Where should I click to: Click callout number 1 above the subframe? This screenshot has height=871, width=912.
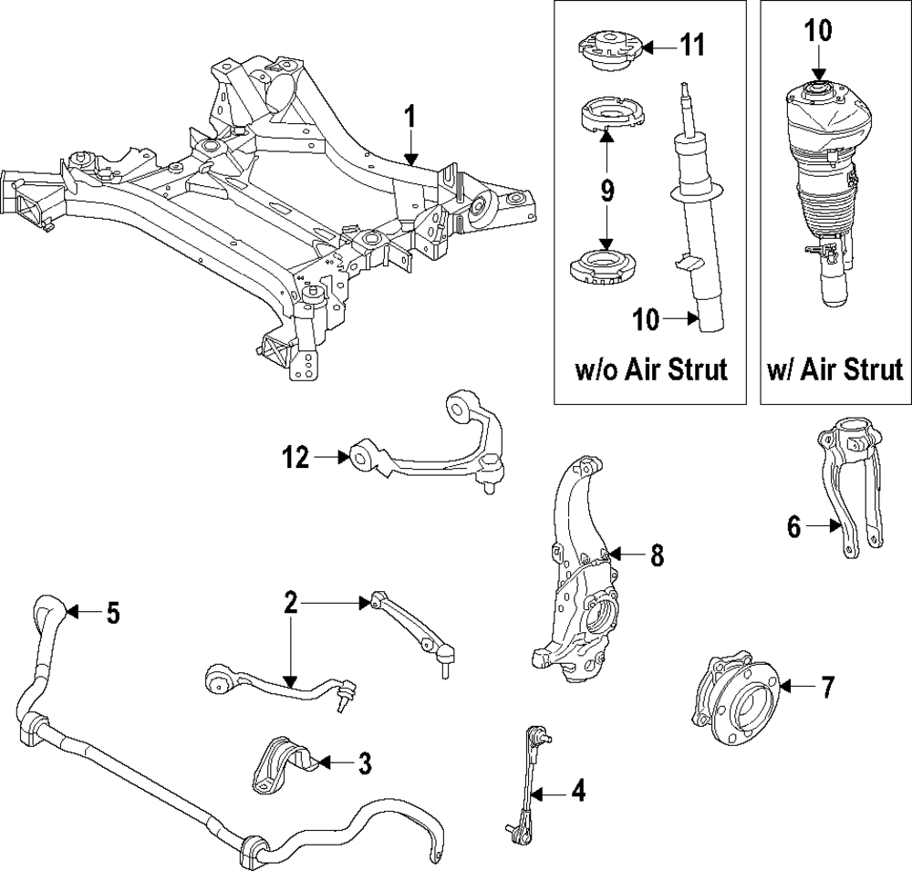[x=410, y=116]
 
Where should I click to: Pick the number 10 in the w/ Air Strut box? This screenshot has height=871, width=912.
[x=818, y=30]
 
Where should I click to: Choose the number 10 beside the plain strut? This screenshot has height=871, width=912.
[x=648, y=319]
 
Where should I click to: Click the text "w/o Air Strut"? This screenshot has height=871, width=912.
[x=651, y=370]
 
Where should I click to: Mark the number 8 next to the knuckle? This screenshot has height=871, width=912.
[x=657, y=555]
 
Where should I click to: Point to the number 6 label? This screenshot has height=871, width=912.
[x=793, y=526]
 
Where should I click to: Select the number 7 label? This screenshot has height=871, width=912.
[x=826, y=688]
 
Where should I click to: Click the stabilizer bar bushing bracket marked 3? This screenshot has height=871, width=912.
[x=282, y=764]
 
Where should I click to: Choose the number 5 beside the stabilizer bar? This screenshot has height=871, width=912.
[x=111, y=613]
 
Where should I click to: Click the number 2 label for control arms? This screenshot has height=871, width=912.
[x=290, y=602]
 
